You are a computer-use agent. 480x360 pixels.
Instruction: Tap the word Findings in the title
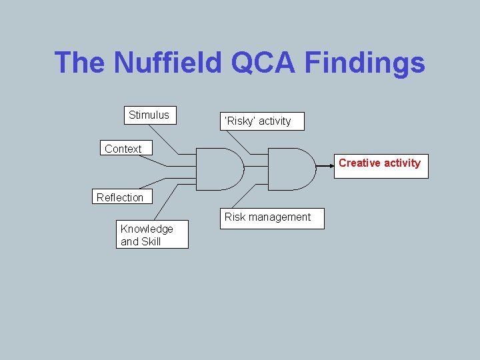[x=365, y=63]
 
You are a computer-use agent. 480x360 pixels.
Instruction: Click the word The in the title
[x=80, y=63]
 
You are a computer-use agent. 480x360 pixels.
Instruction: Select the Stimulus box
[x=149, y=115]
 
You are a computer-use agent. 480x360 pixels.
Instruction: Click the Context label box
[x=124, y=149]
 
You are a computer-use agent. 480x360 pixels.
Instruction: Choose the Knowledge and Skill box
[x=152, y=235]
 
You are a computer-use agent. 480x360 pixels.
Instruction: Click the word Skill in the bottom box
[x=150, y=242]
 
